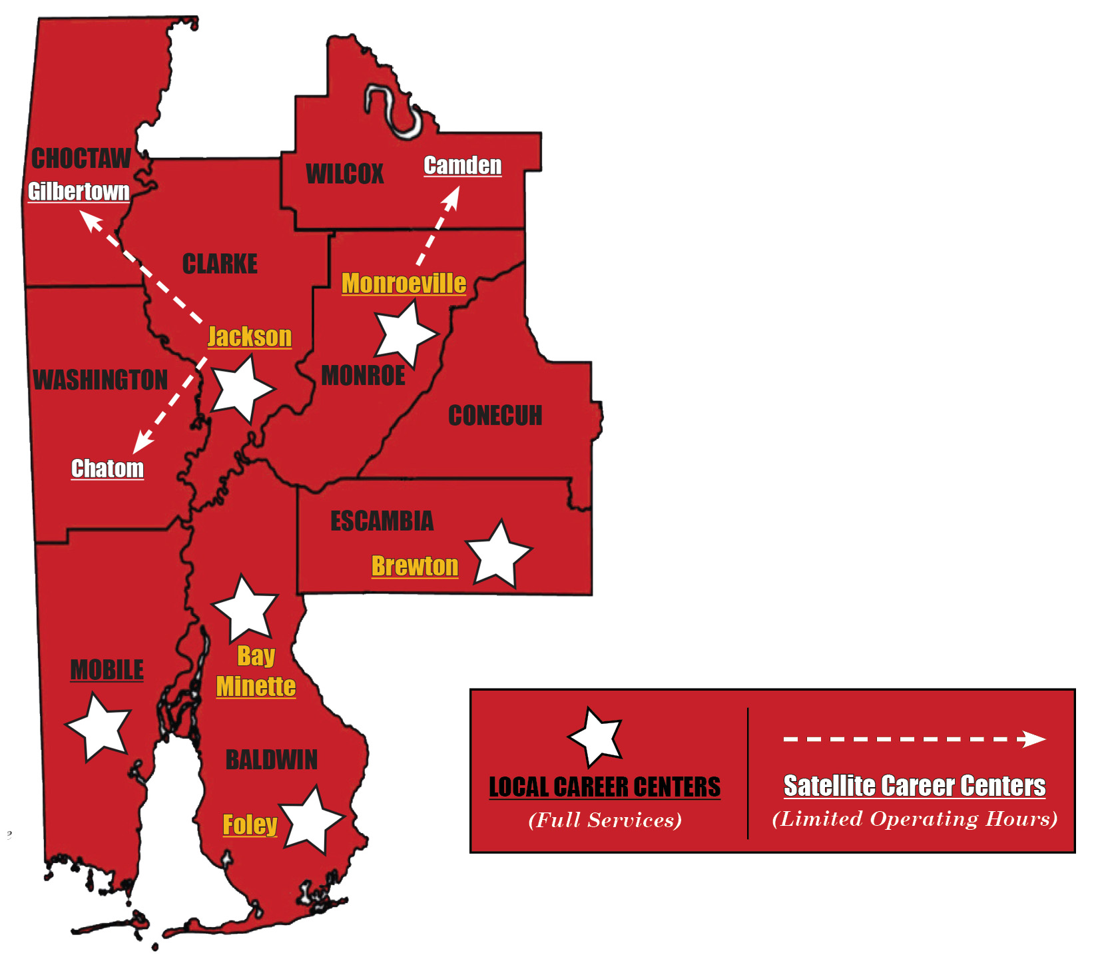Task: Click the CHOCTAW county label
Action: pos(81,159)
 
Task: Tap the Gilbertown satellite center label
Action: pos(79,192)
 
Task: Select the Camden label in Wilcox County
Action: pos(463,165)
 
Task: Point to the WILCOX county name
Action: pos(344,174)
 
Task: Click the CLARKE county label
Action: pos(220,264)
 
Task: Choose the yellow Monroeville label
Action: pos(404,284)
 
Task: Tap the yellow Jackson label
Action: pos(250,337)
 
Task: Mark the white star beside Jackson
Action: pos(242,388)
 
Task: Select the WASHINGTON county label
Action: pos(101,380)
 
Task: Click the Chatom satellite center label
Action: pos(107,468)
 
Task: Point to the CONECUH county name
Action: pos(495,416)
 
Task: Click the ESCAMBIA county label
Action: pos(382,521)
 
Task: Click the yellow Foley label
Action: pos(250,824)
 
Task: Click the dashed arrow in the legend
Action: pos(914,739)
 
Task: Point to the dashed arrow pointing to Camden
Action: pos(438,226)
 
